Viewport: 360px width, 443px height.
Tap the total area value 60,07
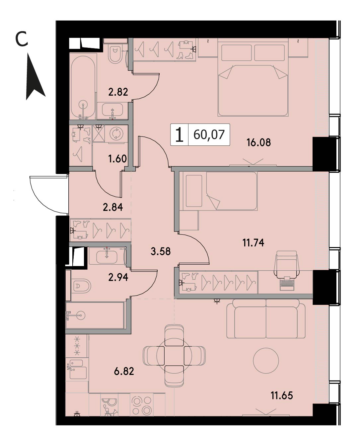209,134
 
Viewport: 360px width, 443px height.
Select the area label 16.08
258,142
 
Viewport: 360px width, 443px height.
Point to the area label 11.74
253,243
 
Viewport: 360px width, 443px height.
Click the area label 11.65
282,396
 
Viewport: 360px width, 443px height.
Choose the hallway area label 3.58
161,251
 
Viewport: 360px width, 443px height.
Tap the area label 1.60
117,159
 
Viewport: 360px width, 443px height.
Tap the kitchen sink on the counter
78,369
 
